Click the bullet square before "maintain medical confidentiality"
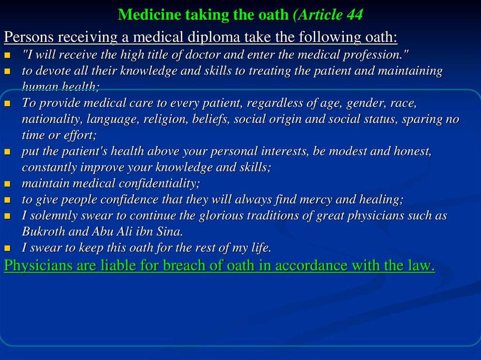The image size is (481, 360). (x=7, y=184)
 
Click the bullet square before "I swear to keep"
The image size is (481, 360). (x=7, y=248)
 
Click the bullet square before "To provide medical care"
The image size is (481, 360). (x=7, y=103)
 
